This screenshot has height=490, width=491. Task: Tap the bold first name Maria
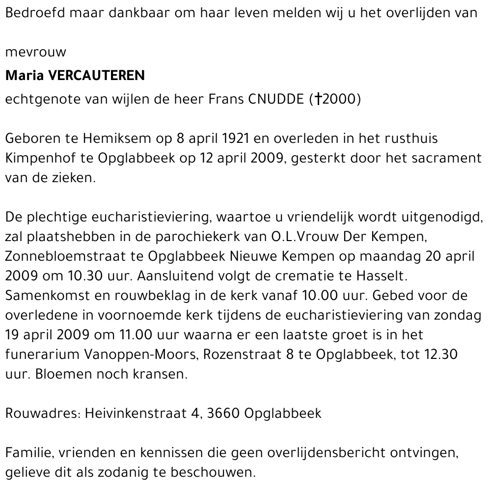click(x=23, y=76)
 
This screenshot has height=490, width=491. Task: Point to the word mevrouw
click(x=35, y=53)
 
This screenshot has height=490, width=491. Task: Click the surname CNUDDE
click(x=276, y=99)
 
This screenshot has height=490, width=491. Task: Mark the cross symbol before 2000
click(x=318, y=99)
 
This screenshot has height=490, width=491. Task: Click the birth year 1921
click(x=236, y=138)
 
